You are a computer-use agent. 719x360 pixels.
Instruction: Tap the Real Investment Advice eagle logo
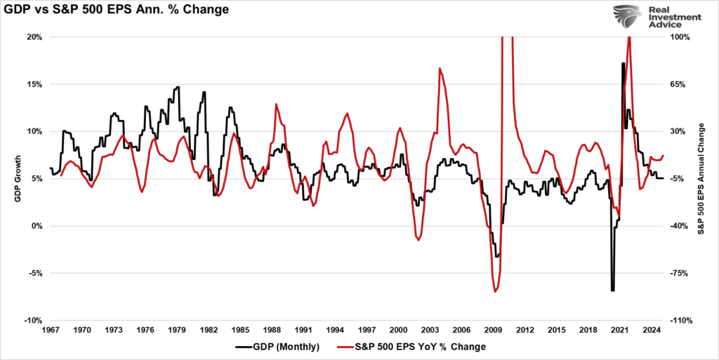click(627, 18)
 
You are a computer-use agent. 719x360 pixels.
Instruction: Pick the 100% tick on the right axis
click(682, 36)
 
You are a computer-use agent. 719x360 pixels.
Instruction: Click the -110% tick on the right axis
click(682, 321)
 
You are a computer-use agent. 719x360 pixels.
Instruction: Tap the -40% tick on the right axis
click(682, 226)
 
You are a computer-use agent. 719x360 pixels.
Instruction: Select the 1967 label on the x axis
click(51, 330)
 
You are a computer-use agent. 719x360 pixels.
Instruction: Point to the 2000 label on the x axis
click(398, 330)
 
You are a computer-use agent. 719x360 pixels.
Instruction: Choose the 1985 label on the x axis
click(240, 330)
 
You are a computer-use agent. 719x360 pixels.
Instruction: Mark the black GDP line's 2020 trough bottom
click(612, 290)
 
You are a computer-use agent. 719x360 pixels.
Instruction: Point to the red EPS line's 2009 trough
click(495, 291)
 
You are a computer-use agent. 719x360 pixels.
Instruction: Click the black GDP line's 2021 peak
click(623, 64)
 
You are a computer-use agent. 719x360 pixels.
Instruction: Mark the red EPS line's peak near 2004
click(440, 69)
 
